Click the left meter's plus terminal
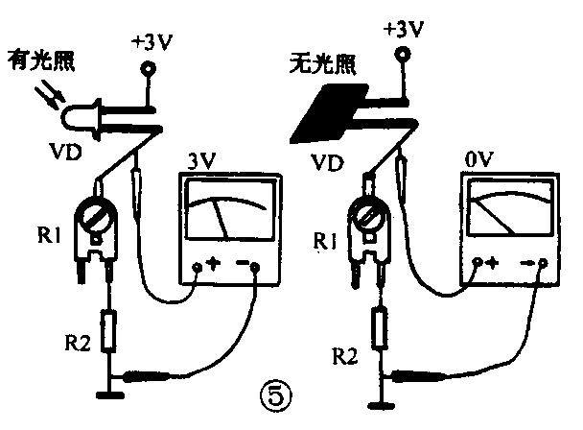point(198,268)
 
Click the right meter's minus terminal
point(543,262)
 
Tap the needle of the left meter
point(222,219)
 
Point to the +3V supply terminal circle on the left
point(149,69)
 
